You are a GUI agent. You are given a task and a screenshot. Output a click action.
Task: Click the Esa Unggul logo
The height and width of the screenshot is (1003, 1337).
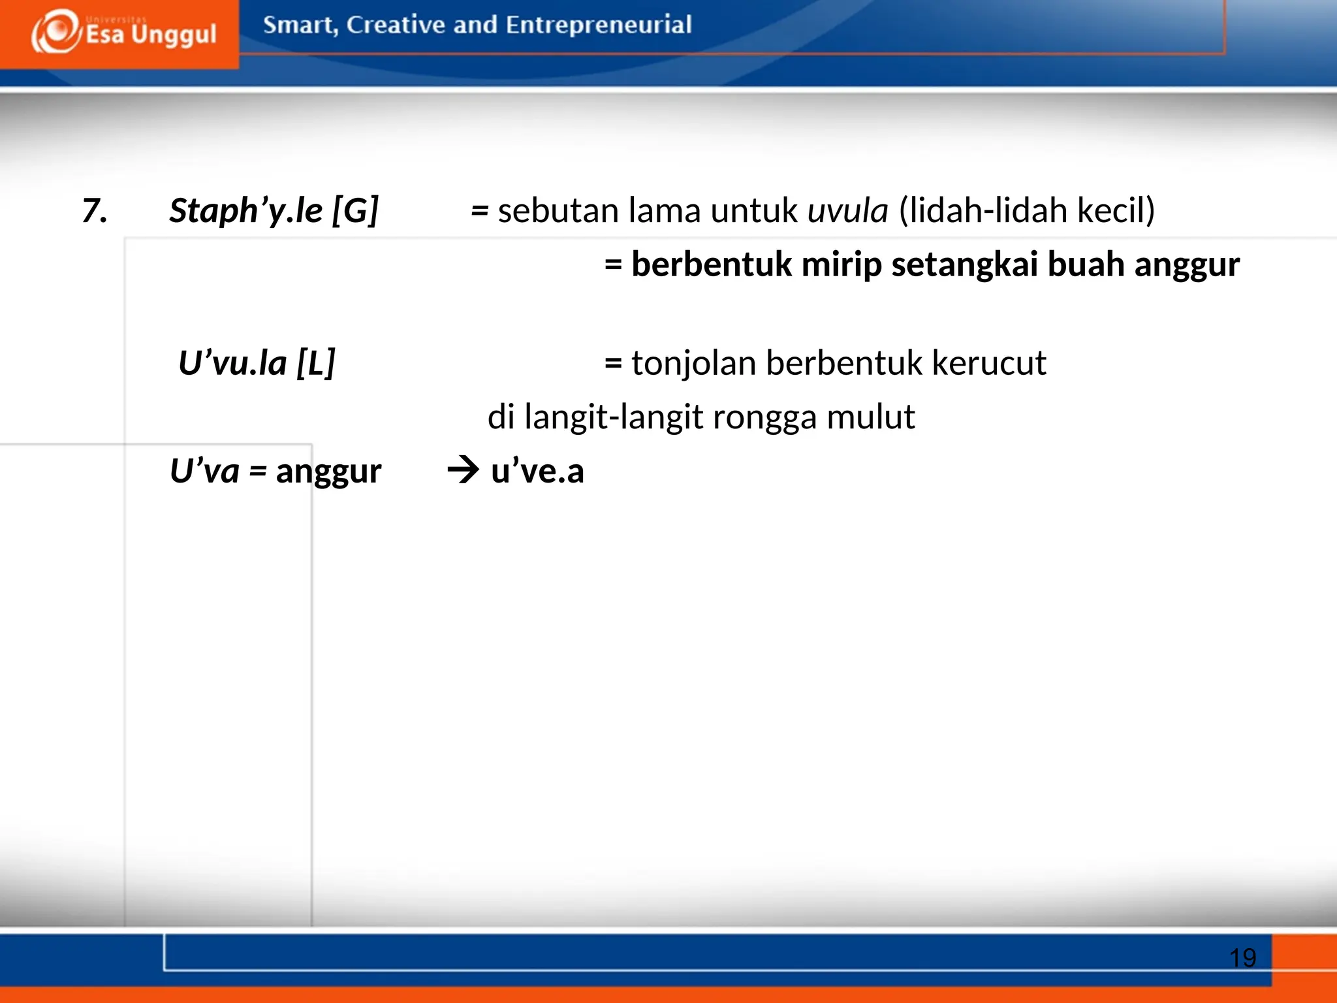(x=123, y=33)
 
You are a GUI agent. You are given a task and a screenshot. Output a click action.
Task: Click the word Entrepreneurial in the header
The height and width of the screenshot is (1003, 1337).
(x=598, y=25)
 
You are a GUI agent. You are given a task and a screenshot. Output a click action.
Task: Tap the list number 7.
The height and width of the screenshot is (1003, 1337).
(x=95, y=211)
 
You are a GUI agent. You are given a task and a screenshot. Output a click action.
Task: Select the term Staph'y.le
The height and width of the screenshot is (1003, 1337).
(x=246, y=211)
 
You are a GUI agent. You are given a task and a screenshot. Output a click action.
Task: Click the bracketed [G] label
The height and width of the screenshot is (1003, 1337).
(x=355, y=211)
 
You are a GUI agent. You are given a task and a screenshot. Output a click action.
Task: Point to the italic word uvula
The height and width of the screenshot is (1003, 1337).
(x=847, y=211)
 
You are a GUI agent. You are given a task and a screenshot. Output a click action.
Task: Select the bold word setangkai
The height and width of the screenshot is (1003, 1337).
(x=964, y=264)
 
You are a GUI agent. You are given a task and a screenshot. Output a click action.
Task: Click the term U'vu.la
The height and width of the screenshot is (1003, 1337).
(x=232, y=363)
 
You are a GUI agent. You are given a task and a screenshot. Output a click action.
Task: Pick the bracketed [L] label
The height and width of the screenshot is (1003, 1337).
(x=316, y=363)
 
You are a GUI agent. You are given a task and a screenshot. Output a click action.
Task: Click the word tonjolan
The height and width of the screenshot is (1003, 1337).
(x=693, y=363)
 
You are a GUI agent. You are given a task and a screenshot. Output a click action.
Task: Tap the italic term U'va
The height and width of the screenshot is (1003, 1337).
(x=204, y=471)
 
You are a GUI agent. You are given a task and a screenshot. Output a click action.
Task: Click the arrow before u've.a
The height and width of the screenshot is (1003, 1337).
(x=464, y=471)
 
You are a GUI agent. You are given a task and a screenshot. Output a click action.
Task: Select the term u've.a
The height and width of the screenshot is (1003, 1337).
(x=537, y=471)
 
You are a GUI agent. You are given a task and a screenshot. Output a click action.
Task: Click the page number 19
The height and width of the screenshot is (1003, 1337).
(x=1242, y=958)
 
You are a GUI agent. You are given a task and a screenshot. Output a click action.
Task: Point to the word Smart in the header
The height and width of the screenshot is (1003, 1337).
(x=300, y=25)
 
